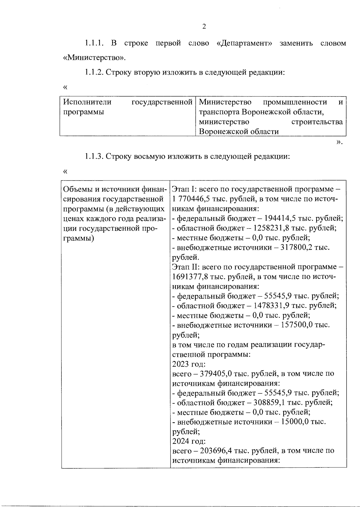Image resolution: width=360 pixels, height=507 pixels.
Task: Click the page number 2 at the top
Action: [204, 27]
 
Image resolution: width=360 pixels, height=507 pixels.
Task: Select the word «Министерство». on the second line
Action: [94, 58]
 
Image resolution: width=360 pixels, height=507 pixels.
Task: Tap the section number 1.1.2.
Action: [94, 72]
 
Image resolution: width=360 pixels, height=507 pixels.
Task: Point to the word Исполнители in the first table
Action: [87, 102]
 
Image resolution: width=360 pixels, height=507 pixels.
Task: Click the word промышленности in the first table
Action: [295, 102]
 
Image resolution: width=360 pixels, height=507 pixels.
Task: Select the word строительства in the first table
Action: [317, 122]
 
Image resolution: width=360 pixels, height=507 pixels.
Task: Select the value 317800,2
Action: [296, 248]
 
